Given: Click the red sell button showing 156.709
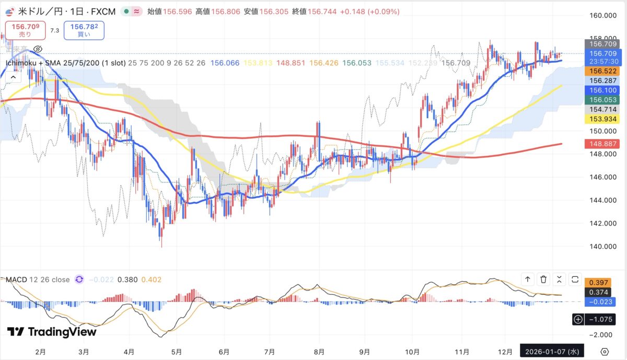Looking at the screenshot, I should (x=25, y=30).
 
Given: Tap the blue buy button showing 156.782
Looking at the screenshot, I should (x=84, y=30).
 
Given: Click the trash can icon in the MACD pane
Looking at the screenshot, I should (x=543, y=279).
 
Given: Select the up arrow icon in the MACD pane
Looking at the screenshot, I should (x=528, y=279).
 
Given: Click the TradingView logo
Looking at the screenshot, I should (x=52, y=332).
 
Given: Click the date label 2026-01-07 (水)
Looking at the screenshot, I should (x=551, y=351).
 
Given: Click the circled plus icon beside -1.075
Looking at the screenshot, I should (x=578, y=319).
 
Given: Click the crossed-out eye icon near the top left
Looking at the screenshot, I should (x=38, y=49).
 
